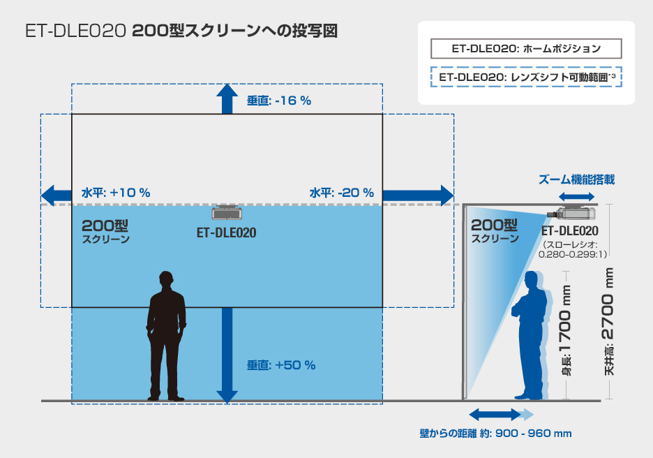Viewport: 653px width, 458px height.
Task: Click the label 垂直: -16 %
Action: pyautogui.click(x=279, y=101)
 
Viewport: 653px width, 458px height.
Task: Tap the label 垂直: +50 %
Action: pyautogui.click(x=281, y=365)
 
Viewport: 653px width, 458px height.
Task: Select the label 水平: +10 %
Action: pyautogui.click(x=116, y=193)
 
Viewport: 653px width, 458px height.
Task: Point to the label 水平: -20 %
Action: pyautogui.click(x=341, y=193)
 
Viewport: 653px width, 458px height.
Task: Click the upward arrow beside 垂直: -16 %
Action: pyautogui.click(x=227, y=98)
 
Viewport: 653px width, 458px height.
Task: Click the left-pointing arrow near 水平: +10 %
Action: pyautogui.click(x=57, y=195)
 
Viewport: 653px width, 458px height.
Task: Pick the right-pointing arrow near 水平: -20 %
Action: pyautogui.click(x=418, y=195)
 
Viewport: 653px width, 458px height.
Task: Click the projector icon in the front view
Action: pyautogui.click(x=227, y=213)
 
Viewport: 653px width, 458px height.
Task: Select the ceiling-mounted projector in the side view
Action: pyautogui.click(x=571, y=214)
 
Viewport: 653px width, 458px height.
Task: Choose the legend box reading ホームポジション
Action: pyautogui.click(x=526, y=49)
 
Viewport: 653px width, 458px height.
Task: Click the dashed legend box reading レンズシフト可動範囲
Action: pyautogui.click(x=526, y=77)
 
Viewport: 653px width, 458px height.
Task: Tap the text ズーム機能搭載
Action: pyautogui.click(x=576, y=179)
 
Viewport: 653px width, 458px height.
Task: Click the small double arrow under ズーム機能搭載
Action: pyautogui.click(x=576, y=197)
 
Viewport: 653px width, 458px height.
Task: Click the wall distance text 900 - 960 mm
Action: pyautogui.click(x=534, y=434)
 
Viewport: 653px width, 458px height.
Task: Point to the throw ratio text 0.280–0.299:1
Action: pyautogui.click(x=573, y=254)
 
